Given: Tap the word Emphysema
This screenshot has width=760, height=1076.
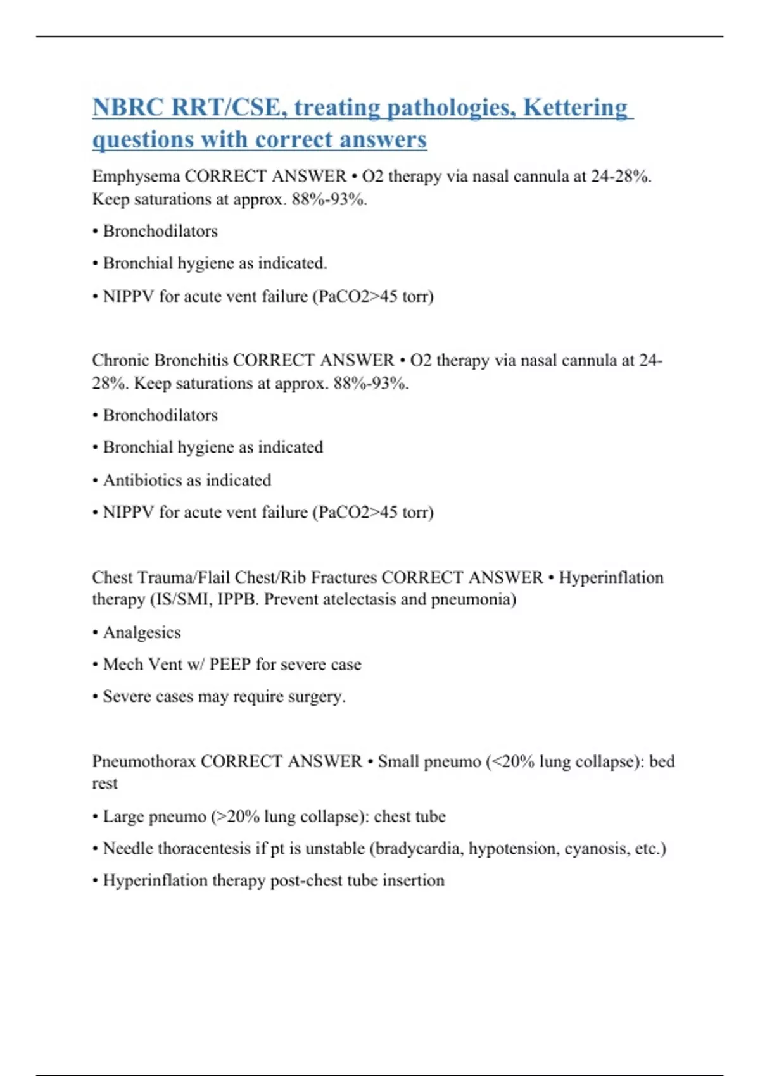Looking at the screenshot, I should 136,176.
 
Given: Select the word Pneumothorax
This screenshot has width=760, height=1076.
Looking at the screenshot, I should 144,761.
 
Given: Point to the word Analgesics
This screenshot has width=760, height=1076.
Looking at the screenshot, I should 141,632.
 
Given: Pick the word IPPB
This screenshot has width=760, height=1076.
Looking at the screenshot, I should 237,599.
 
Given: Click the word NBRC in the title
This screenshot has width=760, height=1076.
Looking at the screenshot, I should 128,108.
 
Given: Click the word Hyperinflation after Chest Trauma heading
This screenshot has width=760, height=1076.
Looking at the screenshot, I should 611,578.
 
